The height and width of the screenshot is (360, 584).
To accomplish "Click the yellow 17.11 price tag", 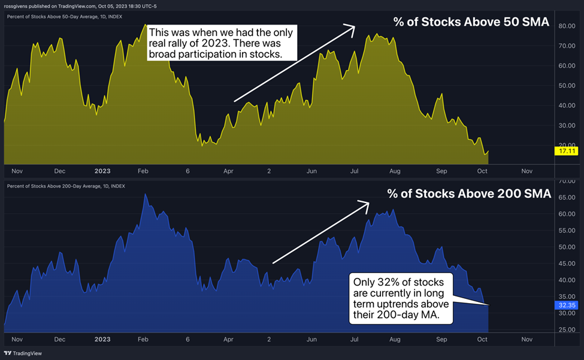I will pos(564,152).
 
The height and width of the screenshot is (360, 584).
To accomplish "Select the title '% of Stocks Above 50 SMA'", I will pos(471,22).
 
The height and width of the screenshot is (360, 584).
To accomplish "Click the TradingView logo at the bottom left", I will pos(23,354).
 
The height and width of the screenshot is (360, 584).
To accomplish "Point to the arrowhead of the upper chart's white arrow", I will pos(354,26).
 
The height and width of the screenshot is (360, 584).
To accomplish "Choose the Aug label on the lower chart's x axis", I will pos(395,338).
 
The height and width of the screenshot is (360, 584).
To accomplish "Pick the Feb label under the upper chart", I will pos(143,171).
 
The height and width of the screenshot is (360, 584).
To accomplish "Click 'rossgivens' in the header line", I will pos(16,5).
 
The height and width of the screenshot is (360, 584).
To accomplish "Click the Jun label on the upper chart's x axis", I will pos(311,171).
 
